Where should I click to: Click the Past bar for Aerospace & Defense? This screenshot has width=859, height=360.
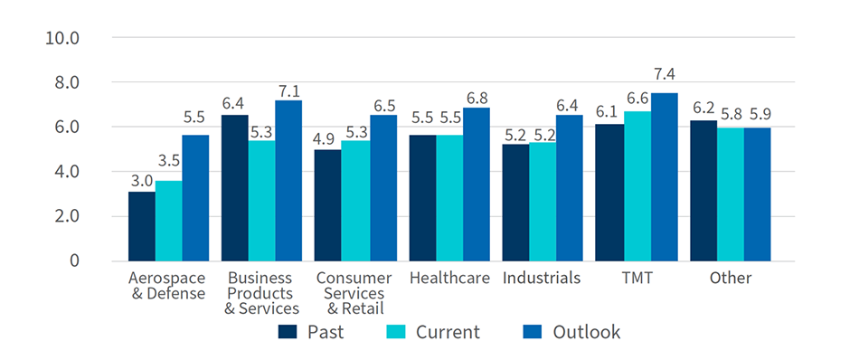click(x=141, y=226)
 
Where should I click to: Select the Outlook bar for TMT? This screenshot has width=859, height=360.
click(x=665, y=177)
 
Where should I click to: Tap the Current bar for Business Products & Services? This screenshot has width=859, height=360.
click(x=261, y=201)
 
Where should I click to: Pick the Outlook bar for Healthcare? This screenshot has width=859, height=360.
click(x=476, y=185)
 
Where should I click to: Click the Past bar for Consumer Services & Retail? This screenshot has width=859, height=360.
click(x=328, y=205)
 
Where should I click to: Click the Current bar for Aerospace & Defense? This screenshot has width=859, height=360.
click(x=168, y=221)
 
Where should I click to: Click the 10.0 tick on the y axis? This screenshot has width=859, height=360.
click(x=63, y=38)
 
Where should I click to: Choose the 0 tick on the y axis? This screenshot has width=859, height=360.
click(x=76, y=261)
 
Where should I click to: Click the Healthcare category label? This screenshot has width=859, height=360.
click(x=449, y=278)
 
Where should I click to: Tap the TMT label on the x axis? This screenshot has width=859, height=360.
click(x=637, y=278)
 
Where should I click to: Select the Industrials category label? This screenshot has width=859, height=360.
click(x=542, y=278)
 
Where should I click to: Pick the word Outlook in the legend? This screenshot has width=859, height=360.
click(x=588, y=332)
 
